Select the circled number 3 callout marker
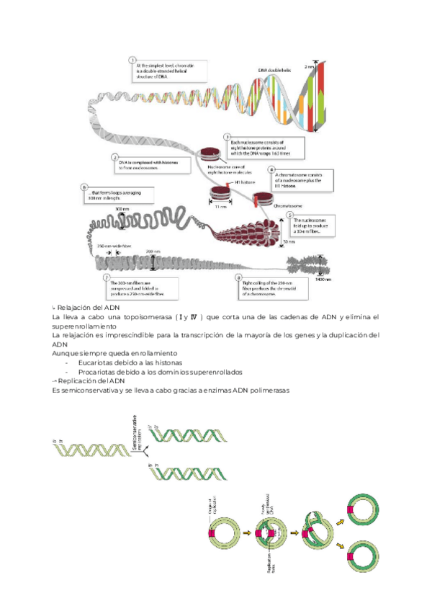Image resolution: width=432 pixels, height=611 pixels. tap(226, 135)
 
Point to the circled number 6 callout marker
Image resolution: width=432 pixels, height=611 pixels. tap(85, 186)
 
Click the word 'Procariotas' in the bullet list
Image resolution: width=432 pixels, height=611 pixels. tap(100, 372)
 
